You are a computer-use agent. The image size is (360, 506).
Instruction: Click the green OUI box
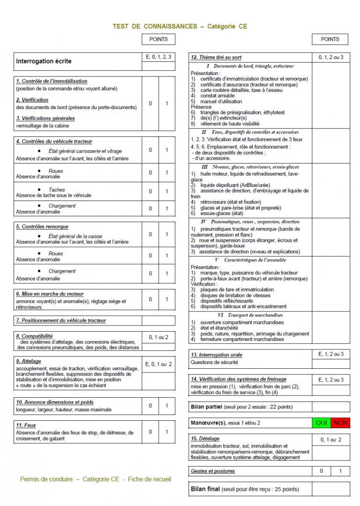[322, 423]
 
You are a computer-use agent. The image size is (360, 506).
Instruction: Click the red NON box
[340, 423]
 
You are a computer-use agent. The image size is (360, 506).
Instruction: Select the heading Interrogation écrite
[44, 61]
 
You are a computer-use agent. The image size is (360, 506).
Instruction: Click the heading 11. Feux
[27, 425]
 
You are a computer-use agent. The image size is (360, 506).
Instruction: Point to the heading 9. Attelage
[29, 361]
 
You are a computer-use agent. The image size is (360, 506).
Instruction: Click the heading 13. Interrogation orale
[216, 355]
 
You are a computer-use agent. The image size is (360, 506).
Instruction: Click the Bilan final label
[205, 489]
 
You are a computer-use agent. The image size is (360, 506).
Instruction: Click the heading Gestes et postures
[213, 471]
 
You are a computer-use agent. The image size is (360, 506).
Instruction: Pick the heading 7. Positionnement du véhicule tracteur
[61, 320]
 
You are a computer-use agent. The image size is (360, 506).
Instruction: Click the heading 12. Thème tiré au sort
[216, 57]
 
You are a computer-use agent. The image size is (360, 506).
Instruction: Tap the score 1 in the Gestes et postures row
[340, 471]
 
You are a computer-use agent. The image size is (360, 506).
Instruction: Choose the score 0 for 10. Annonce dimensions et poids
[150, 406]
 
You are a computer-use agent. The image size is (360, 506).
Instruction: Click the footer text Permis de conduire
[46, 479]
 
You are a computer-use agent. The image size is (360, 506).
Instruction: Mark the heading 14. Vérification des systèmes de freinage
[238, 379]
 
